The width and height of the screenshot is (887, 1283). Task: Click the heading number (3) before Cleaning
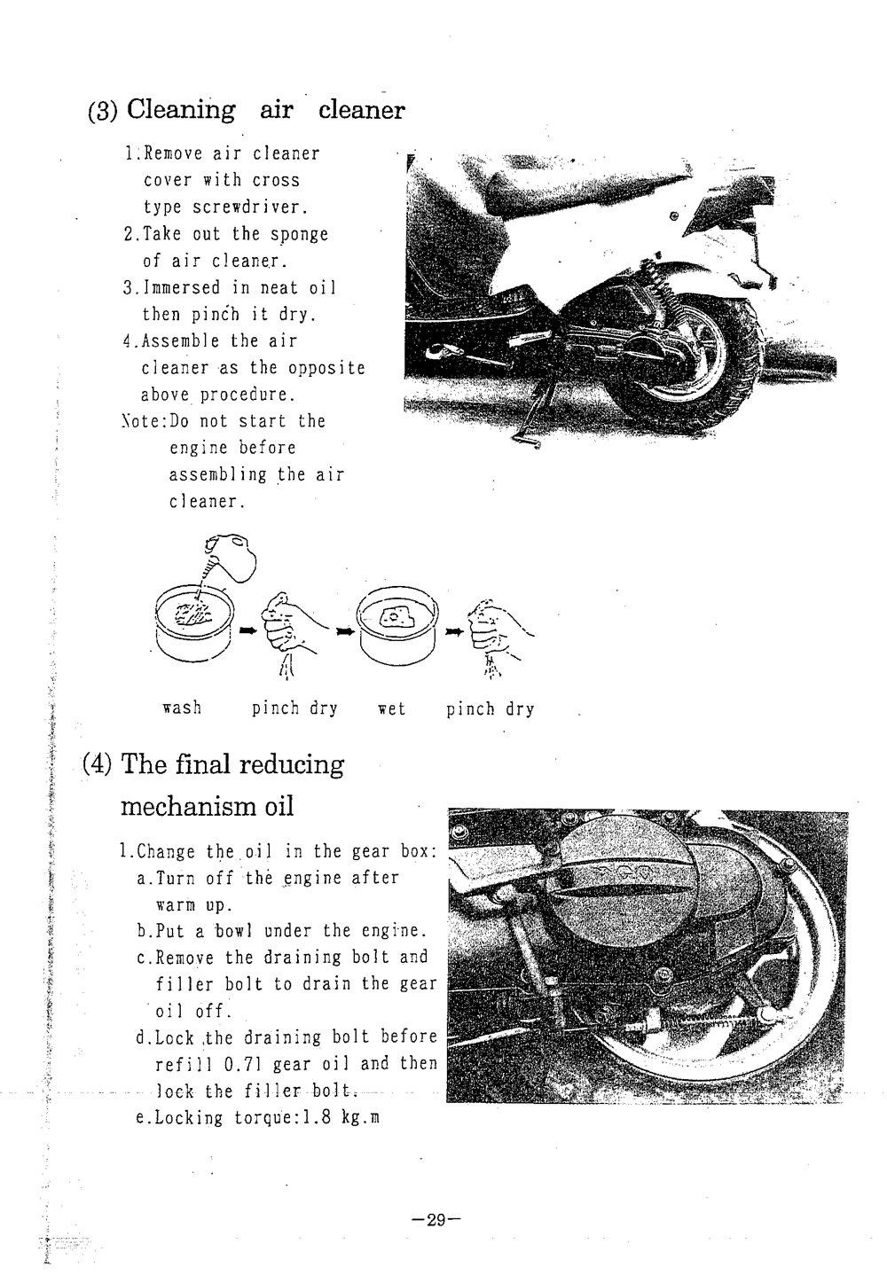coord(103,112)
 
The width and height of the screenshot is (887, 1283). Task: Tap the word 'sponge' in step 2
coord(301,234)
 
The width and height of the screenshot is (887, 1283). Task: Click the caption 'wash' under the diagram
coord(182,708)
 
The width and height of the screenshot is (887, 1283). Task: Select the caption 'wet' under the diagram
coord(391,708)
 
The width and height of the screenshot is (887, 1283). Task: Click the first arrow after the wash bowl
coord(247,630)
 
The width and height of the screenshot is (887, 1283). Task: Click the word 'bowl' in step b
coord(235,931)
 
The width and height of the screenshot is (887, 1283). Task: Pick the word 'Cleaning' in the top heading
coord(181,111)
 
